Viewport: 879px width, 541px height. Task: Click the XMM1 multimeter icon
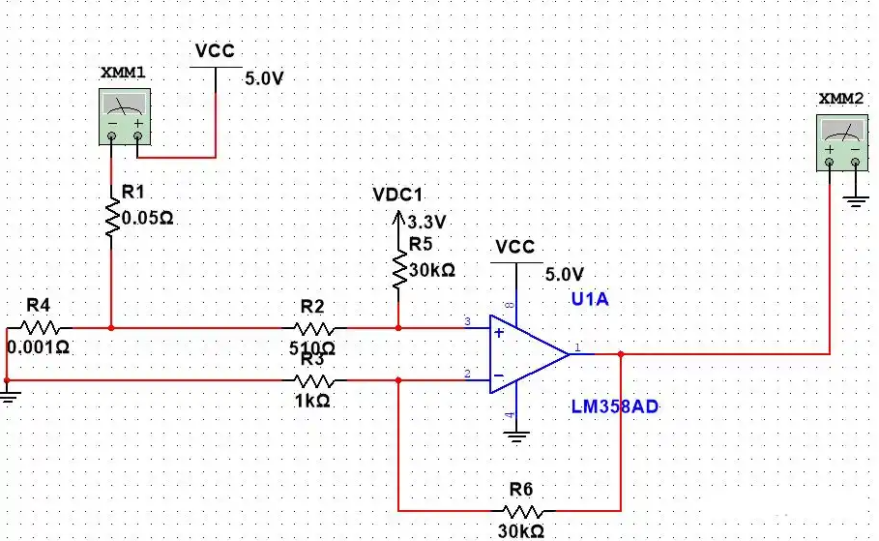(x=125, y=117)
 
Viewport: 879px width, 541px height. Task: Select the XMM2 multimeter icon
(x=842, y=143)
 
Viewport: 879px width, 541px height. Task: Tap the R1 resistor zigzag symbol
(x=112, y=216)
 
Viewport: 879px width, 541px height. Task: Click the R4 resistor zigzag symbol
(x=40, y=328)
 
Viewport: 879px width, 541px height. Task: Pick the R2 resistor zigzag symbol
(x=314, y=328)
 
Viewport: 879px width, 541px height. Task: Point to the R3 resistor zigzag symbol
(x=314, y=381)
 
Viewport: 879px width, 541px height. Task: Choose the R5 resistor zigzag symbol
(x=399, y=271)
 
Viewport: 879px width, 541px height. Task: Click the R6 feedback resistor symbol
(x=522, y=511)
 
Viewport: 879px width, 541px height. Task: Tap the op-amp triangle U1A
(x=529, y=354)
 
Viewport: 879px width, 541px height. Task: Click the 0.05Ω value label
(x=147, y=219)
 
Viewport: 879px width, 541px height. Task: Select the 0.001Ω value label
(x=38, y=347)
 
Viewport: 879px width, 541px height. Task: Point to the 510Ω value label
(x=312, y=348)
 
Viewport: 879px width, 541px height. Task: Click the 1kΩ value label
(x=312, y=401)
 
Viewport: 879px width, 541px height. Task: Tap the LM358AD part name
(x=615, y=406)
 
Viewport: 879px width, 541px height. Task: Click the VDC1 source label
(x=397, y=195)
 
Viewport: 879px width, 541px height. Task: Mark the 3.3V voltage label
(x=426, y=223)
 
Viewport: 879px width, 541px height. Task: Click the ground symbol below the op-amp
(x=516, y=436)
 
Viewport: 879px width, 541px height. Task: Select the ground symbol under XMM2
(x=856, y=201)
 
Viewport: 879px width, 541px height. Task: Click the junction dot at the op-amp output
(x=621, y=354)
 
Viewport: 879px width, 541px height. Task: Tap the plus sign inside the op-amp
(x=498, y=333)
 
